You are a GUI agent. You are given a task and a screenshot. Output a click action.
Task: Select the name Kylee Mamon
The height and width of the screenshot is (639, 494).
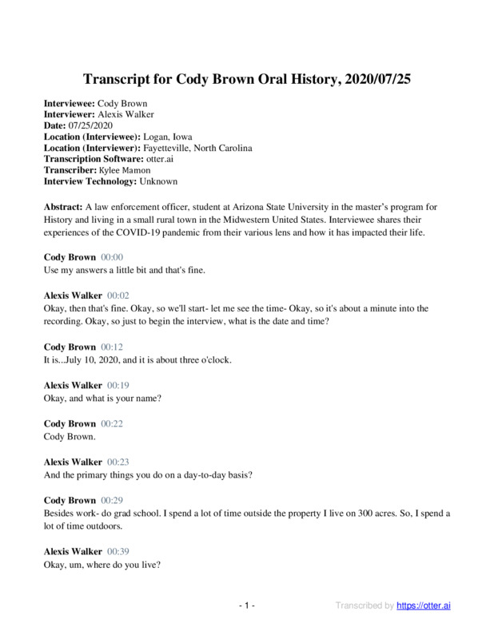[125, 171]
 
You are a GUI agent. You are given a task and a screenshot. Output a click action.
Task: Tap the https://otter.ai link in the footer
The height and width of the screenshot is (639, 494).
[424, 606]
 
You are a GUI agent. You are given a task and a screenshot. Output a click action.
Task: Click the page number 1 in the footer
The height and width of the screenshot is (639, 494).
[247, 606]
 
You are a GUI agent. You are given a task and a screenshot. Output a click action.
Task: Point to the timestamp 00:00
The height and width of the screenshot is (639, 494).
[112, 257]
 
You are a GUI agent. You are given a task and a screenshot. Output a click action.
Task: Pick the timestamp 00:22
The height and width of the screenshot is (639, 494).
[112, 423]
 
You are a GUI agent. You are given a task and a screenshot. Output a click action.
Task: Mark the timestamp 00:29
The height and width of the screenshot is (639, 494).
[112, 500]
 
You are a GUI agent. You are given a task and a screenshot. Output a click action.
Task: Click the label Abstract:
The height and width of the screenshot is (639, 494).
[63, 206]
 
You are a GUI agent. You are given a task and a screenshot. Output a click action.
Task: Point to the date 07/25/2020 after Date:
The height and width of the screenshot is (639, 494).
[92, 126]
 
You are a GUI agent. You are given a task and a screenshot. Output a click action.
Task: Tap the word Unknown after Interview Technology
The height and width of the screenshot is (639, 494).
[157, 182]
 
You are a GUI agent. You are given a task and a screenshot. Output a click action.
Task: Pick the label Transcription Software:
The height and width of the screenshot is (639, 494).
[91, 160]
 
